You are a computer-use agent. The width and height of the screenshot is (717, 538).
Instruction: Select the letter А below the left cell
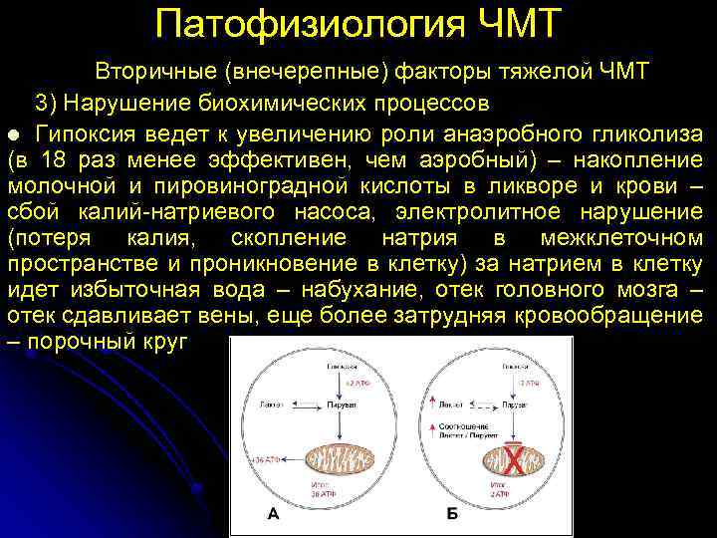[x=272, y=515]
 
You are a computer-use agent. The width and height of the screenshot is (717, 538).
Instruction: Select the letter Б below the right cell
[x=453, y=515]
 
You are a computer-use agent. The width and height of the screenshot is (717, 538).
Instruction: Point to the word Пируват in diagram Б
[x=515, y=406]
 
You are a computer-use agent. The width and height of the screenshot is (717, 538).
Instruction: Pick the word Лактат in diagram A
[x=272, y=406]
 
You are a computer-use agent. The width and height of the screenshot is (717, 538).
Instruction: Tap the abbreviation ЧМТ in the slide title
[x=513, y=22]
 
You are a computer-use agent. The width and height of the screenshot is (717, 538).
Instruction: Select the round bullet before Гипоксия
[x=13, y=134]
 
